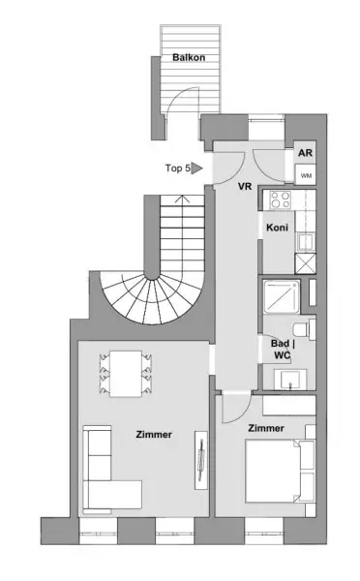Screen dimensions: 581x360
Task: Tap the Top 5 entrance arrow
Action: [x=197, y=168]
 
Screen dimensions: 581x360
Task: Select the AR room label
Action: [x=305, y=153]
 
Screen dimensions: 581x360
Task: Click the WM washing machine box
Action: [x=306, y=175]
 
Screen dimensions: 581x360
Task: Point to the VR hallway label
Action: [x=245, y=186]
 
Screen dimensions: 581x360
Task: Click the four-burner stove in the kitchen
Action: [x=282, y=200]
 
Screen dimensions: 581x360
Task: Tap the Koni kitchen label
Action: [x=276, y=229]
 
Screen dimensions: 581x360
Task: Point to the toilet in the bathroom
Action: [x=304, y=330]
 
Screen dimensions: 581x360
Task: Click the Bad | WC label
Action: [x=282, y=349]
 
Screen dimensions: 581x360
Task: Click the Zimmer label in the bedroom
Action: [x=265, y=427]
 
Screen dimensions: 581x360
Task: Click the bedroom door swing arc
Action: [x=233, y=412]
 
